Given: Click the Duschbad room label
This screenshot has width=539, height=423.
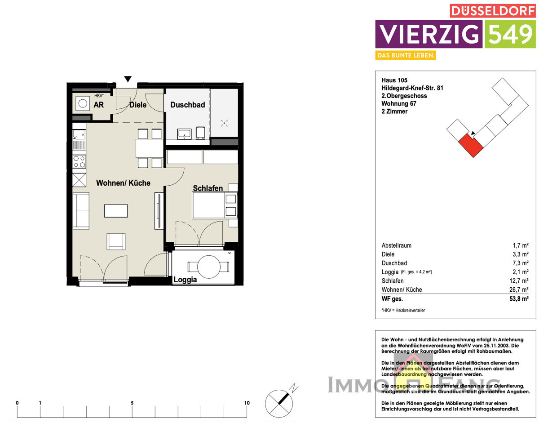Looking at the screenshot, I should [187, 105].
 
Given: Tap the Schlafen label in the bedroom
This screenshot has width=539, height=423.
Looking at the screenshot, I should [208, 188].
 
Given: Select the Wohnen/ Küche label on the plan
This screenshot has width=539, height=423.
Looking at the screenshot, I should [123, 183].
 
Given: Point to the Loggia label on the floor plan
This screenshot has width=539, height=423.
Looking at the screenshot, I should [185, 280].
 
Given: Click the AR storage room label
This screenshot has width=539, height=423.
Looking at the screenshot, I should [98, 105].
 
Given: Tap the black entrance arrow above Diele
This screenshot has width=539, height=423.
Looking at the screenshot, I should [128, 80].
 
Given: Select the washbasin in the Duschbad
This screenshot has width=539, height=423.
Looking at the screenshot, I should [184, 134].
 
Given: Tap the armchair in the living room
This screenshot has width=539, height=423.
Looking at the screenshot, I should [116, 241].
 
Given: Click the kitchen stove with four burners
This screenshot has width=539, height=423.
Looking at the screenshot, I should [80, 161].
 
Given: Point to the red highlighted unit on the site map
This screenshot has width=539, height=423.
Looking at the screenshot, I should [470, 145].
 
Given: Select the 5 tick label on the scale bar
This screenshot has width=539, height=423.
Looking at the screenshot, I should [132, 403].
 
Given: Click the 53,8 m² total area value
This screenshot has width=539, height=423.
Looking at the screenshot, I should [518, 298].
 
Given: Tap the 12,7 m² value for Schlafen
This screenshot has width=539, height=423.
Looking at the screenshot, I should [519, 281].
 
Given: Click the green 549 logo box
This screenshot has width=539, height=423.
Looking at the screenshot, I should [510, 34].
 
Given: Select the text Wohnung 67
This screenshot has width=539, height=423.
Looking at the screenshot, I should [399, 103].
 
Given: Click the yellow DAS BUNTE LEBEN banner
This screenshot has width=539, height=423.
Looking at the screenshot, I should [406, 55].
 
